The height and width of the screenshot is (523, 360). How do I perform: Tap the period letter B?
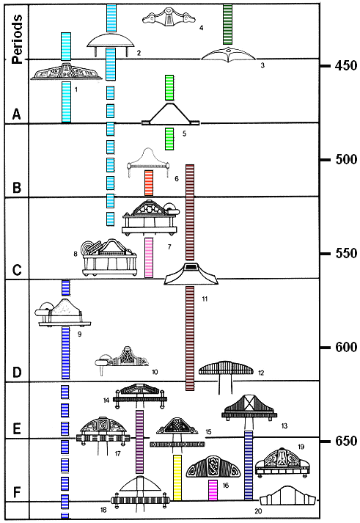click(17, 187)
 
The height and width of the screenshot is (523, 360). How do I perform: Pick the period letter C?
click(17, 269)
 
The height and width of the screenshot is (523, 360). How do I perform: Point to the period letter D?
click(17, 371)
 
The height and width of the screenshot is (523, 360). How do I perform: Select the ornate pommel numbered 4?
click(169, 17)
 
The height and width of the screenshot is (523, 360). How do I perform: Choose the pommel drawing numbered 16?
click(210, 467)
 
